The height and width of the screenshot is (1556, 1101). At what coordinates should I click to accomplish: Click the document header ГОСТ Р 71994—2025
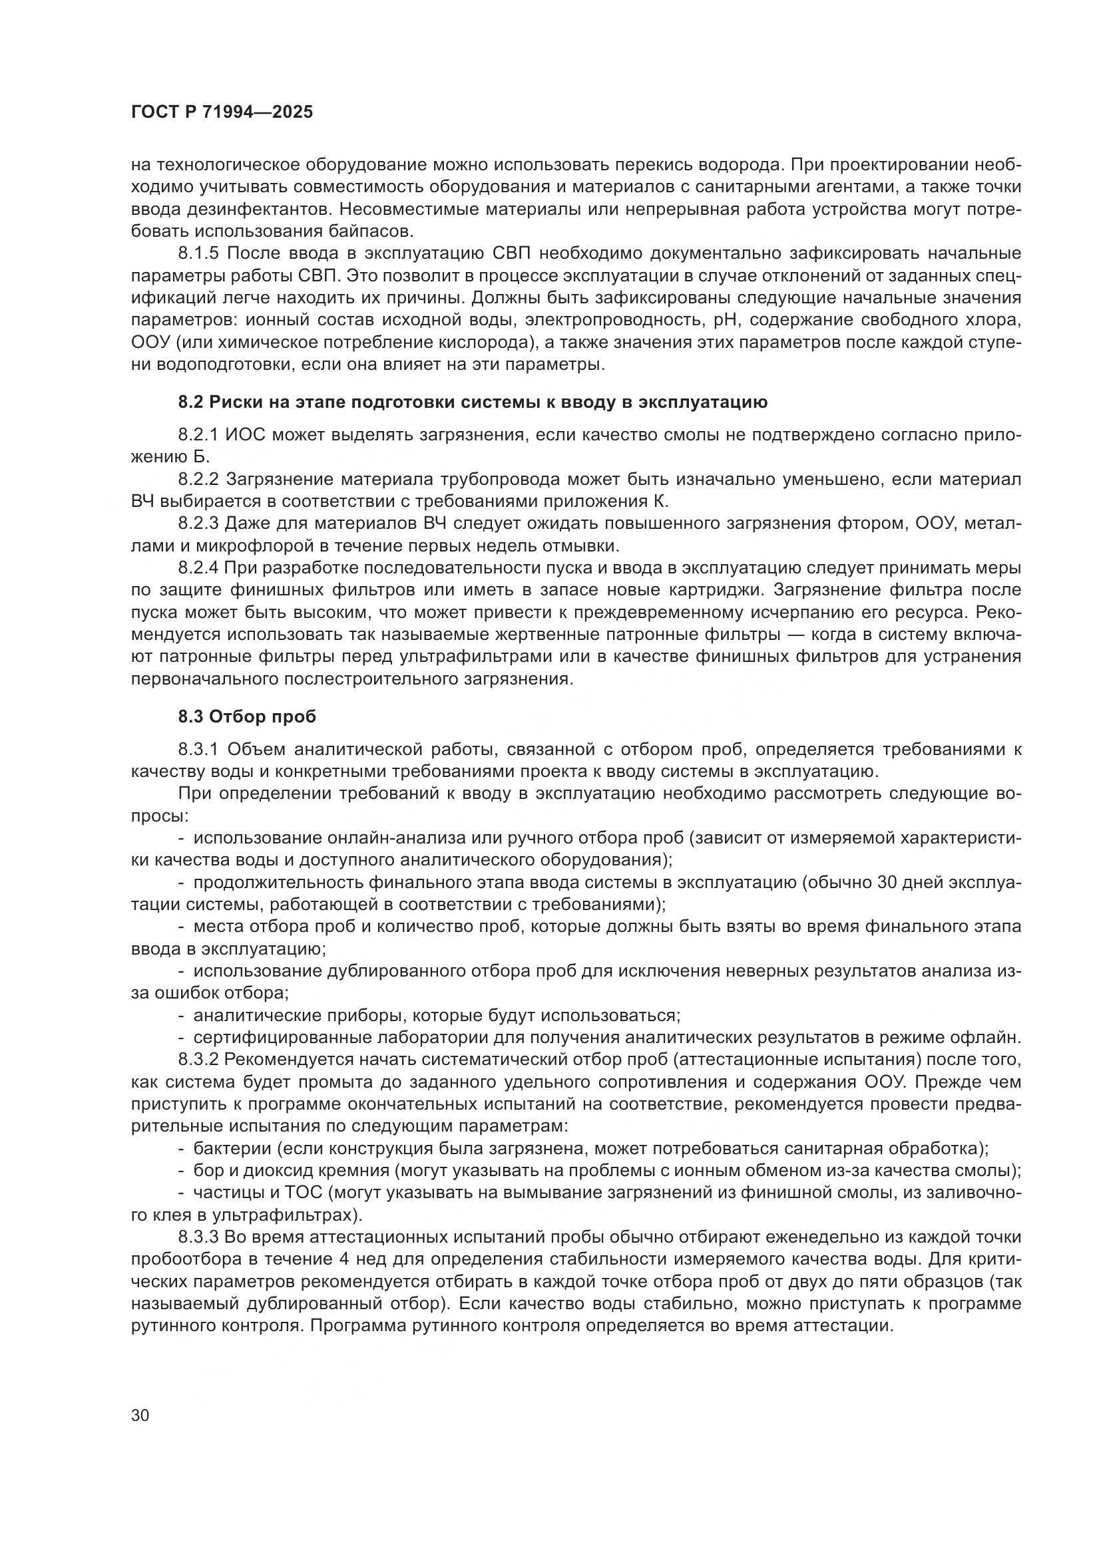(x=222, y=112)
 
